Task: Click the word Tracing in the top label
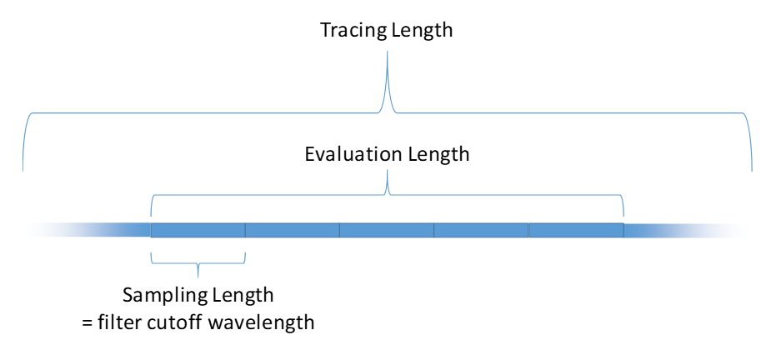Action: tap(353, 31)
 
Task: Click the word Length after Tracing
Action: tap(422, 30)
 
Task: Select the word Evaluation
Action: tap(354, 154)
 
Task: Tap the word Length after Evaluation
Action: tap(438, 155)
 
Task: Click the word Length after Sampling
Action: tap(243, 296)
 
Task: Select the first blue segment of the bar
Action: tap(198, 230)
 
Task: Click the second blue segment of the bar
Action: tap(293, 230)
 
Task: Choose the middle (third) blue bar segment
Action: tap(387, 230)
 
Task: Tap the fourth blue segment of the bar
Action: tap(482, 230)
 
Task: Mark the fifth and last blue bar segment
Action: tap(576, 230)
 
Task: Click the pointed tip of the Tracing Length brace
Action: tap(387, 52)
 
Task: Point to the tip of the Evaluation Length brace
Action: tap(387, 171)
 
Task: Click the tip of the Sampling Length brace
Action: tap(198, 277)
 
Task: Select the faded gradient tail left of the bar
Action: tap(87, 230)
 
